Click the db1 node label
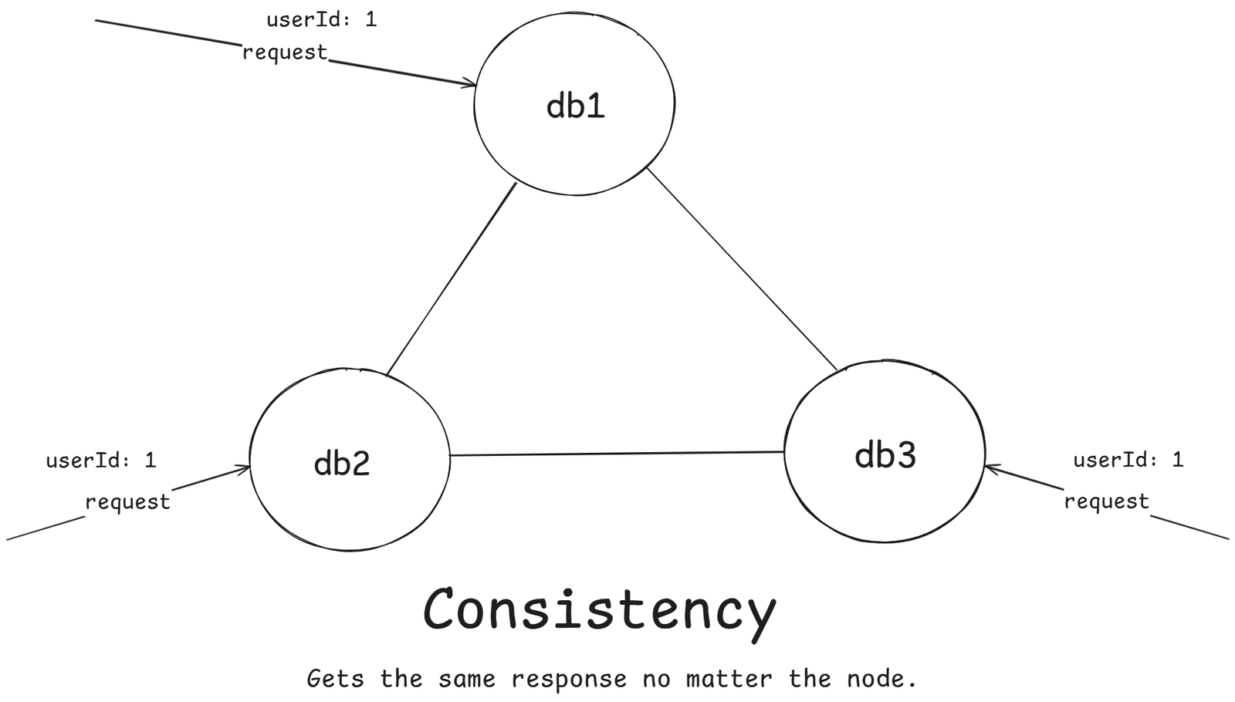pyautogui.click(x=575, y=106)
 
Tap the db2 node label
pyautogui.click(x=342, y=463)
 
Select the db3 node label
pyautogui.click(x=885, y=455)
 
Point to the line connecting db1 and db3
pyautogui.click(x=742, y=269)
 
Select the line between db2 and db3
pyautogui.click(x=617, y=454)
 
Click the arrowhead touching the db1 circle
pyautogui.click(x=469, y=83)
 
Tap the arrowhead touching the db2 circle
pyautogui.click(x=244, y=467)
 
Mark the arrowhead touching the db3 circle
pyautogui.click(x=992, y=467)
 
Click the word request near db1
pyautogui.click(x=285, y=52)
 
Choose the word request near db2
pyautogui.click(x=127, y=502)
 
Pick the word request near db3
pyautogui.click(x=1106, y=501)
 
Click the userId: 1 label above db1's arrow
pyautogui.click(x=321, y=19)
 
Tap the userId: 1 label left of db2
pyautogui.click(x=101, y=461)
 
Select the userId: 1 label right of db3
pyautogui.click(x=1128, y=460)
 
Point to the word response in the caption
pyautogui.click(x=569, y=679)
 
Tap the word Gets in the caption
pyautogui.click(x=336, y=679)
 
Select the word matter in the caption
pyautogui.click(x=729, y=679)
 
